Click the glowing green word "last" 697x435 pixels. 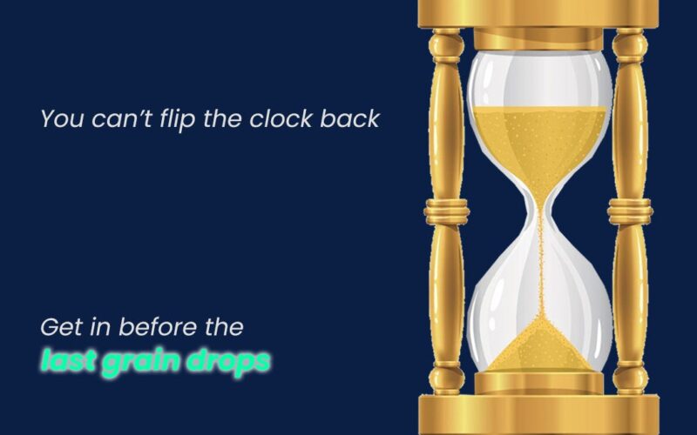click(68, 360)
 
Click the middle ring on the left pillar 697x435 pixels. click(446, 211)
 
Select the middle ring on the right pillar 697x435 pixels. click(630, 211)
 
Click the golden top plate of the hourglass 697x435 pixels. click(538, 13)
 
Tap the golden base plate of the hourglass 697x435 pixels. click(538, 415)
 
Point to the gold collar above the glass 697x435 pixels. click(538, 39)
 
